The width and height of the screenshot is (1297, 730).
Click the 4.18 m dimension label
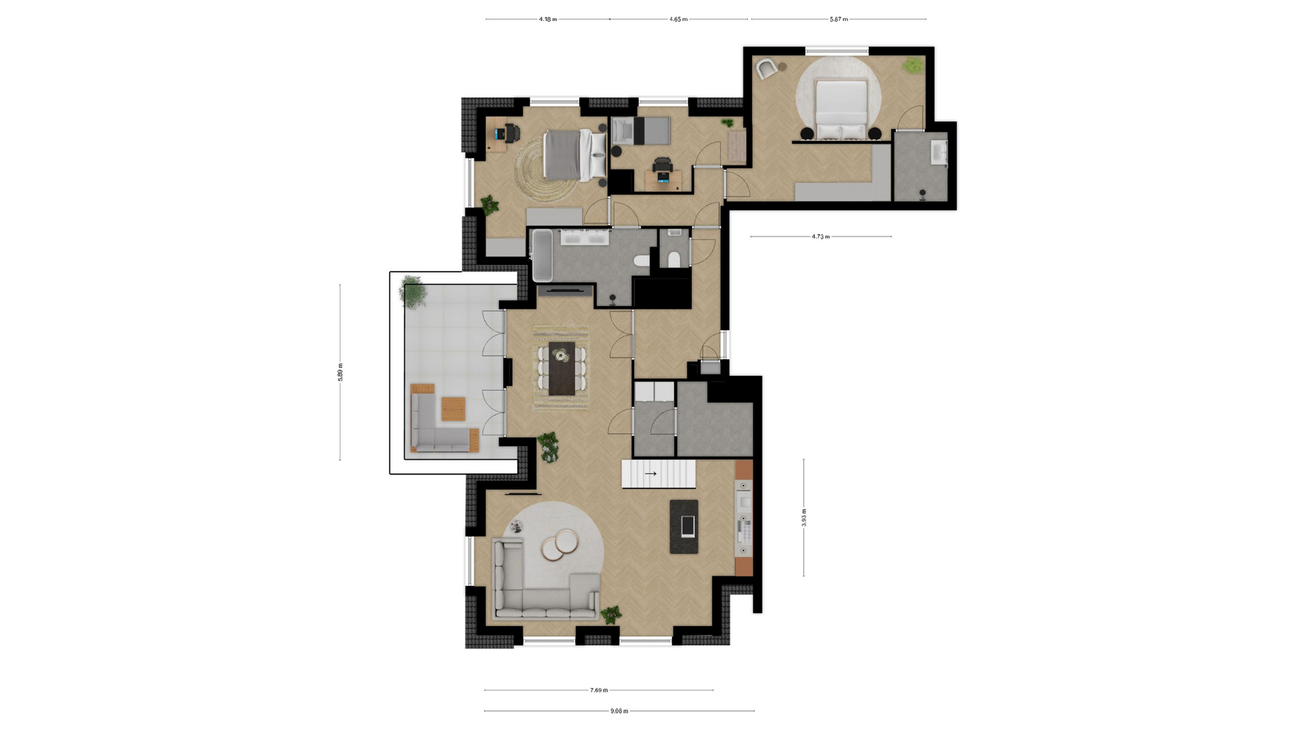coord(548,19)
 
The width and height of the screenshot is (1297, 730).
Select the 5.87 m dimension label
coord(838,19)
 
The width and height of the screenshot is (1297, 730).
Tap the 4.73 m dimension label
coord(821,237)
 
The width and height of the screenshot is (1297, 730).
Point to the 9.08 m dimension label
coord(619,711)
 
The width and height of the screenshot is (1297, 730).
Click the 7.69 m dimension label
coord(599,690)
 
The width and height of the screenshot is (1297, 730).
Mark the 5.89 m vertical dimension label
coord(340,372)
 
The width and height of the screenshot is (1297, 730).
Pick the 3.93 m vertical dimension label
coord(804,518)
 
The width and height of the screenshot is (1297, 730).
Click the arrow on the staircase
coord(651,474)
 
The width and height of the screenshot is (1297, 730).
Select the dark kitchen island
coord(684,527)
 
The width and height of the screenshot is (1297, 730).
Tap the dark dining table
coord(561,368)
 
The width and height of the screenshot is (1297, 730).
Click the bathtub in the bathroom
coord(542,255)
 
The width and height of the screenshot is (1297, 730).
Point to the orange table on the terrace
coord(453,409)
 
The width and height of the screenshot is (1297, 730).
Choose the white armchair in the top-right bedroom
coord(766,69)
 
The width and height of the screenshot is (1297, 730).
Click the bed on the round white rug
coord(841,109)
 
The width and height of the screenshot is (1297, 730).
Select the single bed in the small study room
coord(641,131)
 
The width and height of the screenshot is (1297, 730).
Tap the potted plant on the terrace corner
coord(412,292)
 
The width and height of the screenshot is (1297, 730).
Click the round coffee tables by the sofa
coord(560,545)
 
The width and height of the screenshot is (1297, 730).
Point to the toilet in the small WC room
coord(673,259)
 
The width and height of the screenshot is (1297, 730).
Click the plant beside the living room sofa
coord(611,614)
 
